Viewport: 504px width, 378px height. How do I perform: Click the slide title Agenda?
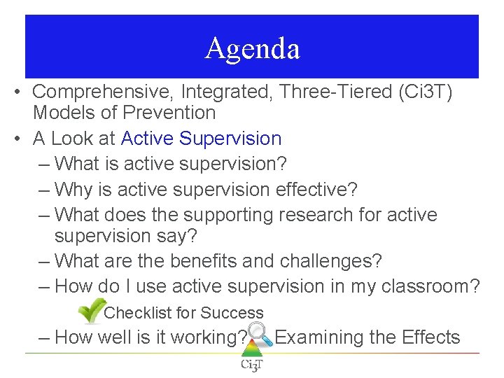pos(252,48)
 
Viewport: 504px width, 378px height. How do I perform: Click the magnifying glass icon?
pos(260,335)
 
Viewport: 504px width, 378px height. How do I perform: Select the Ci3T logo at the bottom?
pos(251,363)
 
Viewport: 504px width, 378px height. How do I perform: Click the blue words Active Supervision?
pos(201,139)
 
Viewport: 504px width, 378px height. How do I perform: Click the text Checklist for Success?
pos(183,313)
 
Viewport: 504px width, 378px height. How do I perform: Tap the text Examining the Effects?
pos(367,337)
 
